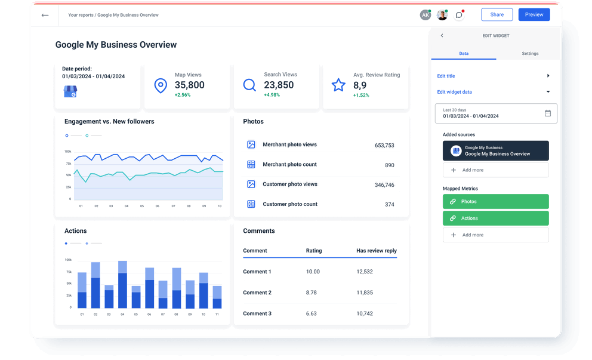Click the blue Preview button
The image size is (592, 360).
(534, 15)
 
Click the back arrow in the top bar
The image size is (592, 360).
(45, 15)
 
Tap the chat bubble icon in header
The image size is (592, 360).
(459, 15)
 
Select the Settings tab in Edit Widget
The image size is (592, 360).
(529, 54)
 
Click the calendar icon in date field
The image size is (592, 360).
(548, 113)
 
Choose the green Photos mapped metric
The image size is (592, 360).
(495, 202)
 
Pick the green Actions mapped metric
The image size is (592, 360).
(495, 219)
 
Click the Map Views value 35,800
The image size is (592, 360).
(189, 85)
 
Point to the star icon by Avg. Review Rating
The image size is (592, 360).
(338, 85)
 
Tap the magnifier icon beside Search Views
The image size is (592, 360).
(249, 85)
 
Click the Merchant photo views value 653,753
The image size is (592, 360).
(384, 145)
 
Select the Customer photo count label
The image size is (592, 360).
(290, 204)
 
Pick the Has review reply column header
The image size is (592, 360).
(376, 251)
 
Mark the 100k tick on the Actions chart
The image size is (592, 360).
(68, 260)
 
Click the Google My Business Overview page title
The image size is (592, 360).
(116, 45)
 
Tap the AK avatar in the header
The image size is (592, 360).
(425, 15)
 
